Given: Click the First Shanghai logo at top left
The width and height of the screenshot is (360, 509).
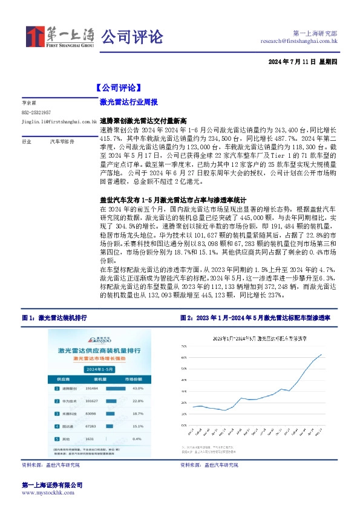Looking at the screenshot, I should [59, 37].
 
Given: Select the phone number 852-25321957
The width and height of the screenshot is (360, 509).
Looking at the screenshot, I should [36, 112].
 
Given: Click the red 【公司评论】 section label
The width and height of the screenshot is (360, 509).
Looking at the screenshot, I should [118, 86].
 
